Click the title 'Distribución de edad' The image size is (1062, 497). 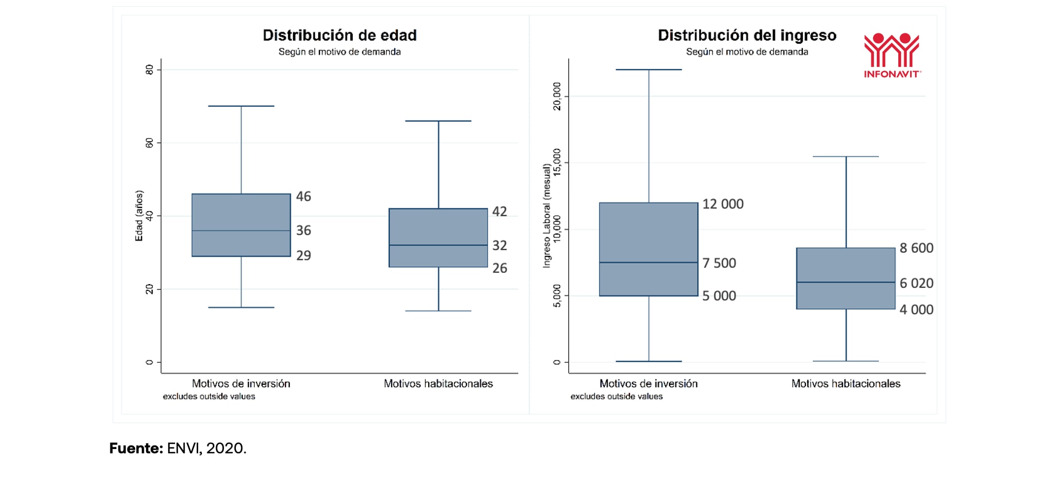[x=339, y=36]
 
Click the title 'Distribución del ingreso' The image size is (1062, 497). [x=747, y=36]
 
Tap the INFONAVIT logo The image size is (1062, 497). [x=892, y=56]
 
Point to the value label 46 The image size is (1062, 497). [x=303, y=197]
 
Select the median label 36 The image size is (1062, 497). [x=303, y=231]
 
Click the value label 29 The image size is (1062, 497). [x=303, y=256]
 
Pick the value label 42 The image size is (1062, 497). [x=499, y=212]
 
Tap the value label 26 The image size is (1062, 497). [x=499, y=268]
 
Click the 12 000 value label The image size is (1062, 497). [x=723, y=204]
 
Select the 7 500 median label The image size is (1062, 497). [x=719, y=263]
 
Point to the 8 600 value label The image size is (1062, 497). [x=916, y=248]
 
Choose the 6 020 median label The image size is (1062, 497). [x=916, y=284]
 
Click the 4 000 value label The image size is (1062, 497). [x=916, y=310]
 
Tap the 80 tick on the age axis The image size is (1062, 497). [x=149, y=70]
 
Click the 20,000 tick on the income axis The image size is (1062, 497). [x=557, y=96]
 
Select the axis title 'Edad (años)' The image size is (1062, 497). [x=139, y=216]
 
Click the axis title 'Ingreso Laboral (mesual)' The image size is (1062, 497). [x=547, y=216]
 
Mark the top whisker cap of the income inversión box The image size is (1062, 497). [x=648, y=70]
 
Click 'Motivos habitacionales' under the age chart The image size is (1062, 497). [x=438, y=384]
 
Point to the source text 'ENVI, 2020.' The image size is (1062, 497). [x=206, y=448]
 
